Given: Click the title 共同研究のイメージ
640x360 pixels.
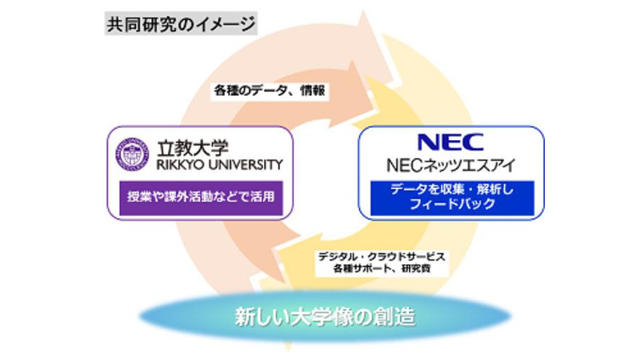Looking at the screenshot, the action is (x=181, y=24).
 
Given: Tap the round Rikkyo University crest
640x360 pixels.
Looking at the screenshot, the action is (x=132, y=154).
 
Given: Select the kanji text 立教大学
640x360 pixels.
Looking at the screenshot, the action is (x=193, y=148).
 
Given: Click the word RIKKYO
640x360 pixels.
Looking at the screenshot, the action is (x=182, y=165).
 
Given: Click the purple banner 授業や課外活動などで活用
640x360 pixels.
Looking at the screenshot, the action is (x=201, y=197).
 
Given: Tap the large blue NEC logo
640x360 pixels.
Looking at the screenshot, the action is (x=450, y=142).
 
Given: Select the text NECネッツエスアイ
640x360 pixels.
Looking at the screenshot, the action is (x=450, y=165).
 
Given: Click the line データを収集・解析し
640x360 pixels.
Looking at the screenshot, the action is (x=452, y=190).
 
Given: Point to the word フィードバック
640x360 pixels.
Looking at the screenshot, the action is (x=452, y=204).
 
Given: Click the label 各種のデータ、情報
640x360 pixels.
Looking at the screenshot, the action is (x=270, y=90).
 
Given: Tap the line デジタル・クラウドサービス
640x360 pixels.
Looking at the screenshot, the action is (x=382, y=257).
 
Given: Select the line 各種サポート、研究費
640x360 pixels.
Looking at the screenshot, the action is (x=382, y=269).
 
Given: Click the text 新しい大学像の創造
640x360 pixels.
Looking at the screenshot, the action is (x=325, y=317).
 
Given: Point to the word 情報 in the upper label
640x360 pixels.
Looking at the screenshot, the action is (x=313, y=90).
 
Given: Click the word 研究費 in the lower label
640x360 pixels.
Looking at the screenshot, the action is (x=416, y=269).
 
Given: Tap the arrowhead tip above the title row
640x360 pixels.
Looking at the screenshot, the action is (x=363, y=11).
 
